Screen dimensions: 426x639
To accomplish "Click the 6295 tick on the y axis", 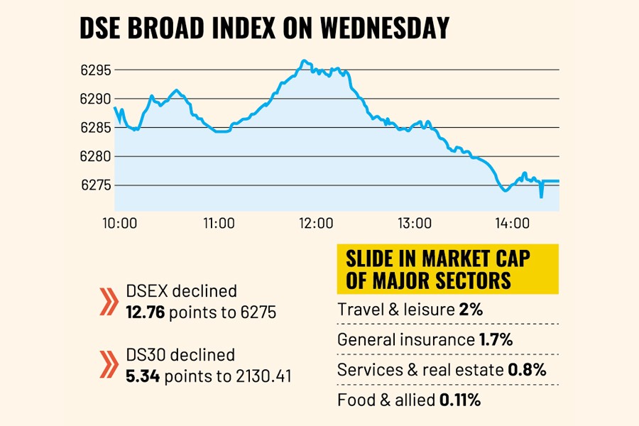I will pos(97,70).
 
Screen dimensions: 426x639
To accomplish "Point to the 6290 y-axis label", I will pos(97,99).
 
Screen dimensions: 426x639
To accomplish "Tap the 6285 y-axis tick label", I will pos(97,128).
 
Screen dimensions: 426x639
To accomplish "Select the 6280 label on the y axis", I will pos(97,156).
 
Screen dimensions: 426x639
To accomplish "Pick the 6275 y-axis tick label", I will pos(97,185).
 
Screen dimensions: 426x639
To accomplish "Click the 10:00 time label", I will pos(120,224).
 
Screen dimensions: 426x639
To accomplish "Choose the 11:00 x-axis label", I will pos(219,224).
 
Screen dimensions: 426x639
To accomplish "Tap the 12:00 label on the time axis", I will pos(317,224).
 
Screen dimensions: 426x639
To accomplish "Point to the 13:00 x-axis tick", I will pos(415,224).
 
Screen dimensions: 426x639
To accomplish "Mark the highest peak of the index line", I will pos(303,61).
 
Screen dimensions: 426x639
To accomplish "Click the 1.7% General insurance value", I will pos(496,339).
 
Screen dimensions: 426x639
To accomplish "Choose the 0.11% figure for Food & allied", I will pos(460,400).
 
